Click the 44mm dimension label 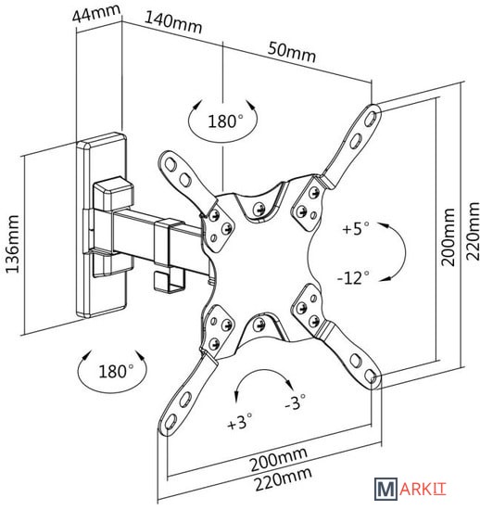(x=96, y=13)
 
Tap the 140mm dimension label (x=173, y=22)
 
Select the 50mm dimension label (x=292, y=52)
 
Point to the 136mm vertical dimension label (x=13, y=244)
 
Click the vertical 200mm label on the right (x=448, y=236)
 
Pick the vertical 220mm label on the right (x=473, y=231)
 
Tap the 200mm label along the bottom (x=278, y=460)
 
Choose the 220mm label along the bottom (x=283, y=479)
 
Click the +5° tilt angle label (x=356, y=228)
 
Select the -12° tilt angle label (x=353, y=278)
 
